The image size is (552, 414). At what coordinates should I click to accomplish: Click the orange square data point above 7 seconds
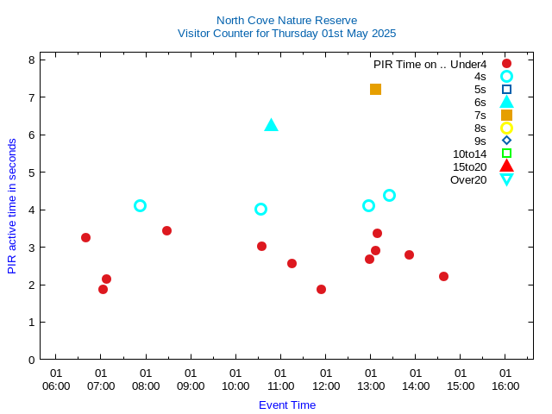pos(375,89)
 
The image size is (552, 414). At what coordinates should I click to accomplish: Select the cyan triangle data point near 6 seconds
pos(271,125)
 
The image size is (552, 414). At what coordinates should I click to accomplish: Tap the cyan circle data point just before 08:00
pos(140,205)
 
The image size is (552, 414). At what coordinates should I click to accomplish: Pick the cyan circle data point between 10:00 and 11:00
pos(260,209)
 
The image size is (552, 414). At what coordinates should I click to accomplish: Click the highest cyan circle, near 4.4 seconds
pos(389,195)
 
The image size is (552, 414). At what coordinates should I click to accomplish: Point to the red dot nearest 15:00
pos(443,276)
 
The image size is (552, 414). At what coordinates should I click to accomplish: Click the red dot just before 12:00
pos(321,289)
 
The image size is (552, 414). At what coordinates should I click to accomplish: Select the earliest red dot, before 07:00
pos(85,237)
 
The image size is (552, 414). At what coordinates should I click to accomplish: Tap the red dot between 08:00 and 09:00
pos(166,230)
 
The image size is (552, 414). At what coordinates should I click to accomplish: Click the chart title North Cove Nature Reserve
pos(286,20)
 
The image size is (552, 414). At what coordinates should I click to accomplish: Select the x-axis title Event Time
pos(287,405)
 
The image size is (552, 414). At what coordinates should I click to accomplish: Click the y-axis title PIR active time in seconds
pos(12,206)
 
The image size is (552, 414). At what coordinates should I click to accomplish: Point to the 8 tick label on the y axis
pos(31,60)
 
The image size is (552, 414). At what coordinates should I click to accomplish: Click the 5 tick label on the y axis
pos(31,172)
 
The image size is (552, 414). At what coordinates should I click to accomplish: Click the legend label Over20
pos(468,179)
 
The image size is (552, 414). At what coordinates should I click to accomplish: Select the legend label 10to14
pos(469,154)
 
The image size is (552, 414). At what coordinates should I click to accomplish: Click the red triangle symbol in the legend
pos(506,166)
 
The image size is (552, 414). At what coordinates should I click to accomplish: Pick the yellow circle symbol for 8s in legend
pos(506,128)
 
